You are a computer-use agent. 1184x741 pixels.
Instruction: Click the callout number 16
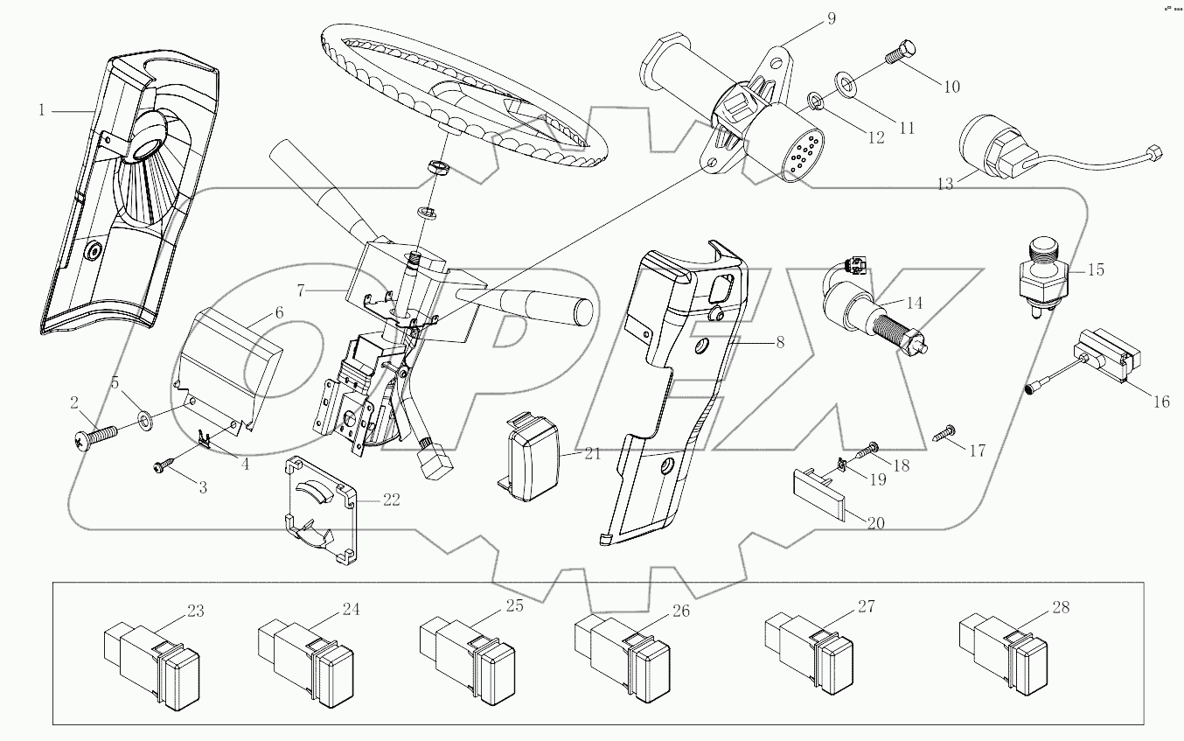pos(1160,402)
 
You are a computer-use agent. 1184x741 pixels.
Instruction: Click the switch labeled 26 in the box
pos(623,657)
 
